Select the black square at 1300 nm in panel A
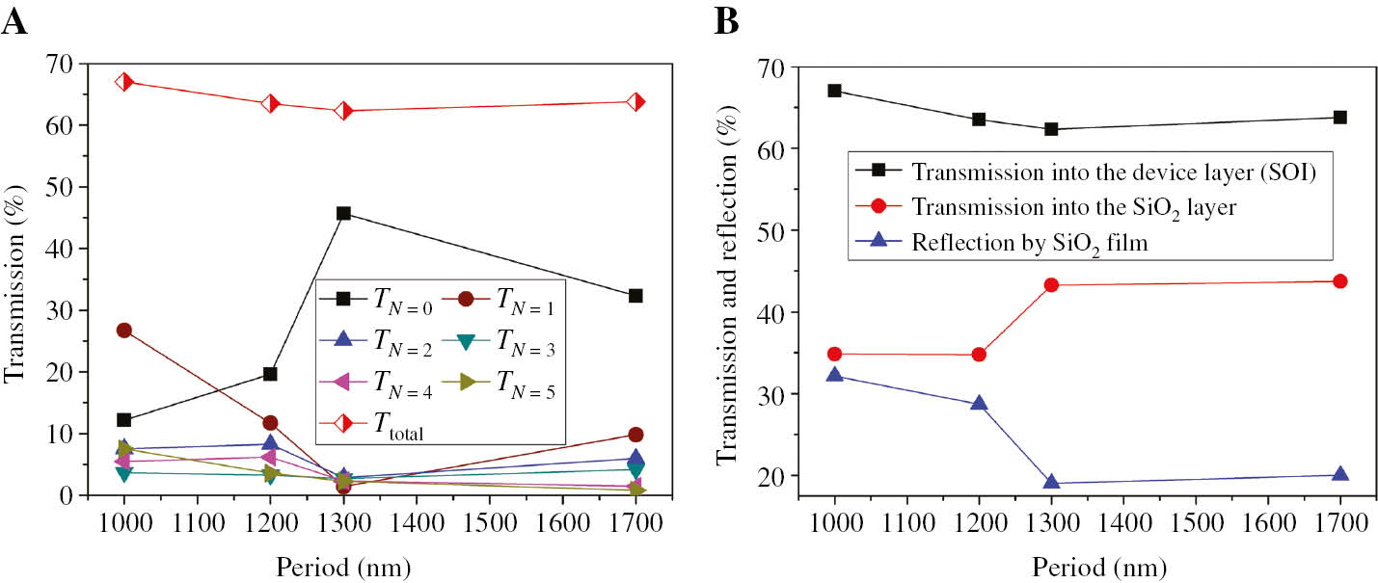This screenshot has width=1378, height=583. tap(343, 213)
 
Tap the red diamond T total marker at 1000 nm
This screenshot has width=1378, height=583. tap(124, 82)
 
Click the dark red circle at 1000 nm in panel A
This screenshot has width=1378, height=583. tap(124, 331)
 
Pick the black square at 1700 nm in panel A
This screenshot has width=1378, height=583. tap(635, 296)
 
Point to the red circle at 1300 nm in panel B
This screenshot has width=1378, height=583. tap(1051, 285)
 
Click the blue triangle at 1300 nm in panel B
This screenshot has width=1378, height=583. tap(1051, 483)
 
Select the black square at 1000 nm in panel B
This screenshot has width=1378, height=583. tap(834, 91)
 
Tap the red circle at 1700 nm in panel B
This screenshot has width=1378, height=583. tap(1339, 281)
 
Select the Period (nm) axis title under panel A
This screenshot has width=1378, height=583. tap(379, 564)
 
